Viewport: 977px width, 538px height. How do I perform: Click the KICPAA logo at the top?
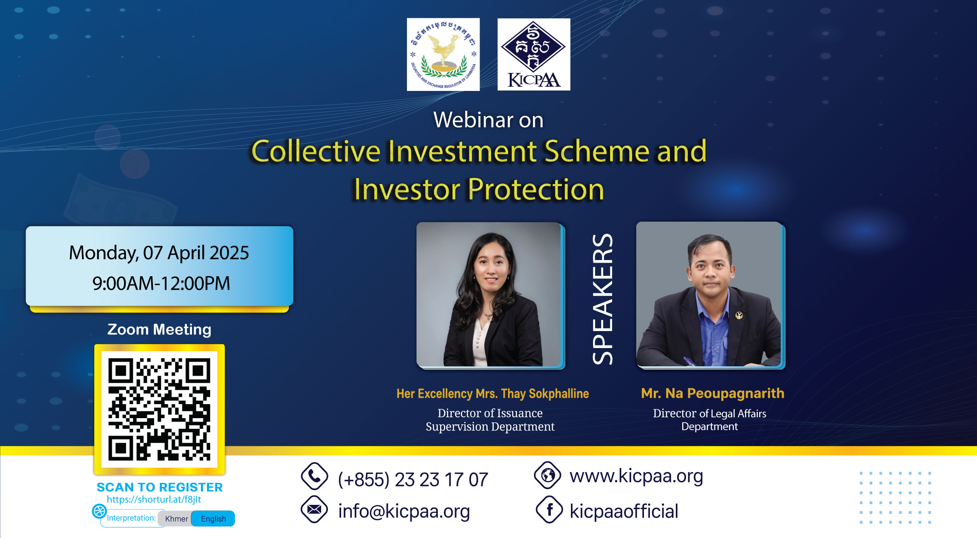click(x=534, y=54)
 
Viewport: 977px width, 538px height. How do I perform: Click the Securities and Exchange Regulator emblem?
click(x=443, y=54)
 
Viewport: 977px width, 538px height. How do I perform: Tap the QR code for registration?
click(x=159, y=410)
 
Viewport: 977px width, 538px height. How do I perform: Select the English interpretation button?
click(x=213, y=518)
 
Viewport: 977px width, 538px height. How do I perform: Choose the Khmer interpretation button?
click(x=176, y=518)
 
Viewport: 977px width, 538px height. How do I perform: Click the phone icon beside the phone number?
click(x=314, y=476)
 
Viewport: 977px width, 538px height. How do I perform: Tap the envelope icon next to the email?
click(x=314, y=509)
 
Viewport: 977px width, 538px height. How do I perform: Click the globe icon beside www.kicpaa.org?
click(x=548, y=475)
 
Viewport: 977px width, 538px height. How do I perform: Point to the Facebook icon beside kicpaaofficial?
click(x=549, y=510)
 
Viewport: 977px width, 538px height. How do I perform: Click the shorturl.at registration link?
click(x=154, y=499)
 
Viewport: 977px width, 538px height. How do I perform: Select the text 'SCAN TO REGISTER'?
click(x=160, y=487)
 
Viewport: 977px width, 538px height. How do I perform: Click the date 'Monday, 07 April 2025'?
click(x=159, y=253)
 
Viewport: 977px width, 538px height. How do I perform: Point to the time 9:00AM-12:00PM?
click(x=161, y=283)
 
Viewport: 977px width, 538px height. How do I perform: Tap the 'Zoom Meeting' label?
click(x=159, y=329)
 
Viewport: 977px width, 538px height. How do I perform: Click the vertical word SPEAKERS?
click(x=603, y=299)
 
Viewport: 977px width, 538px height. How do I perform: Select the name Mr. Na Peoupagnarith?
click(x=713, y=394)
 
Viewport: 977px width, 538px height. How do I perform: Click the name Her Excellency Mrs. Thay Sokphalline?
click(x=493, y=394)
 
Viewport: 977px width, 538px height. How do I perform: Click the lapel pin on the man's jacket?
click(x=739, y=315)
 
